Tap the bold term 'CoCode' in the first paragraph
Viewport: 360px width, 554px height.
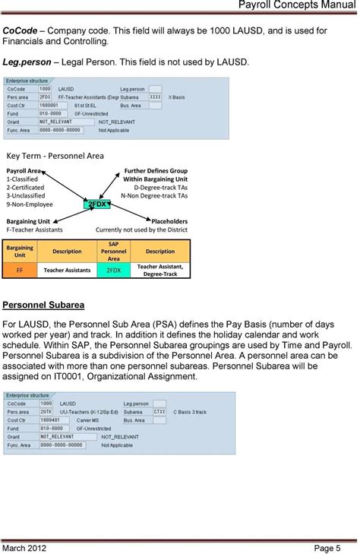click(21, 30)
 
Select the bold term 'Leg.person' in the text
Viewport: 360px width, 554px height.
click(28, 61)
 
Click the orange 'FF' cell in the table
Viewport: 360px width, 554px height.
click(19, 270)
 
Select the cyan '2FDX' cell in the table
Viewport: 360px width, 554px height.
click(113, 270)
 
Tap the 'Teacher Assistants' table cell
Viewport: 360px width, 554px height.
click(67, 270)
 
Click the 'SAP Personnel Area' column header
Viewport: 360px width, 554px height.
click(113, 252)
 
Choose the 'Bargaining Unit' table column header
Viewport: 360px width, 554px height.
click(19, 252)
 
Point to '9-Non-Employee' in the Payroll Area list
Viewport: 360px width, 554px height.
click(30, 204)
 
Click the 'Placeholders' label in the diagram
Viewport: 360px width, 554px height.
click(169, 221)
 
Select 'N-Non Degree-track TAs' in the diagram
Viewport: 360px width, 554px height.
click(154, 195)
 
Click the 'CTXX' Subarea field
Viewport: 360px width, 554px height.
click(159, 411)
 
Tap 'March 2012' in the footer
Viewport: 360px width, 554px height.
click(28, 547)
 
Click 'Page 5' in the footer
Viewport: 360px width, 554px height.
click(336, 547)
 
